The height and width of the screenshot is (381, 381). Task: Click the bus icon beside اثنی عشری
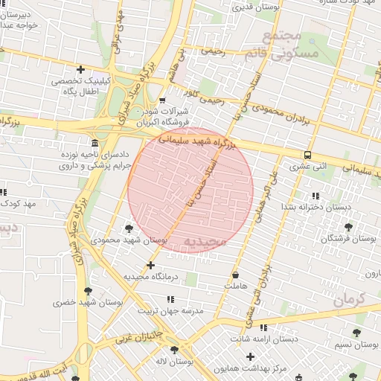pyautogui.click(x=307, y=155)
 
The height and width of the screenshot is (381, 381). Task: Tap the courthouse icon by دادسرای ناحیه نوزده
pyautogui.click(x=94, y=143)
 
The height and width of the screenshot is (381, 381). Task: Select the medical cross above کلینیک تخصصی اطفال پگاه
pyautogui.click(x=80, y=69)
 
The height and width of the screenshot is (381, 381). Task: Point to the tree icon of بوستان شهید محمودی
pyautogui.click(x=129, y=228)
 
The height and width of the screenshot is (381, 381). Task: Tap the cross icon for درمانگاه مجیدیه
pyautogui.click(x=151, y=265)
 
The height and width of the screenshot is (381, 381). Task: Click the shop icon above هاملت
pyautogui.click(x=235, y=275)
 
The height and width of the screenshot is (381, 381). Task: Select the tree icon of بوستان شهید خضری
pyautogui.click(x=89, y=291)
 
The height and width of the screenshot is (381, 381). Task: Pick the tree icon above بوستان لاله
pyautogui.click(x=174, y=350)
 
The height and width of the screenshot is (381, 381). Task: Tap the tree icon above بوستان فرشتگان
pyautogui.click(x=348, y=226)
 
